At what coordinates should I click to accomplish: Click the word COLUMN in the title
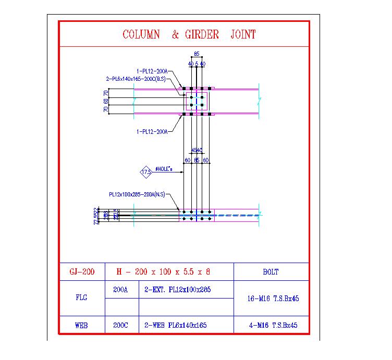141,35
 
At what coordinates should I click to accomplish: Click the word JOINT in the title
243,35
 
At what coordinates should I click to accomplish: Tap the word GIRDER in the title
200,35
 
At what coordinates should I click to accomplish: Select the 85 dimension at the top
197,54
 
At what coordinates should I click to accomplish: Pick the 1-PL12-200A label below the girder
152,132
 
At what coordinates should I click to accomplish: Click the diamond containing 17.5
146,171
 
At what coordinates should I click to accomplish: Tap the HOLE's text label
166,168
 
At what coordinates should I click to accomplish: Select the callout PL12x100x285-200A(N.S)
137,194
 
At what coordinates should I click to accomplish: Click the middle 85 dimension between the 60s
197,160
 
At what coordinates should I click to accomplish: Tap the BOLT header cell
271,272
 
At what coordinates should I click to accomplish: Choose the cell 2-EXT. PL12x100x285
178,290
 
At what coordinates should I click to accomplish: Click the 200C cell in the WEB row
121,325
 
